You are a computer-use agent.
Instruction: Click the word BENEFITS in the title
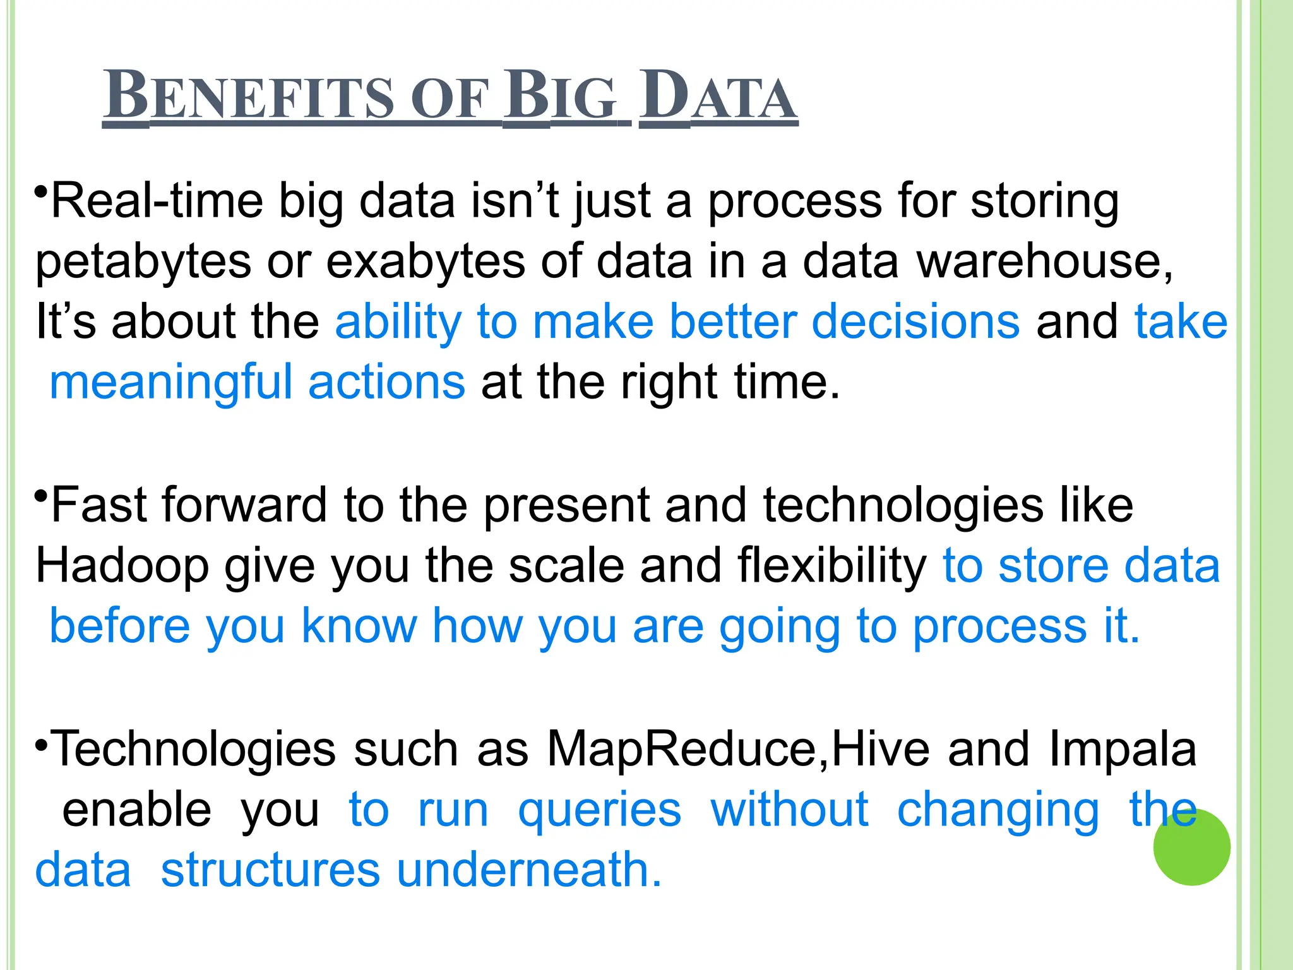[250, 96]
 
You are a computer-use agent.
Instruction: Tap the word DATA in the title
[718, 96]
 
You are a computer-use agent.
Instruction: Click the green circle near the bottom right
[1191, 847]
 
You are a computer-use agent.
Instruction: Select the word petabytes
[143, 261]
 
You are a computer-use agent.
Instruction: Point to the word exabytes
[425, 261]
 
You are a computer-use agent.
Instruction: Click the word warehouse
[1044, 261]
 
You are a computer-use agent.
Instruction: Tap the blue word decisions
[915, 321]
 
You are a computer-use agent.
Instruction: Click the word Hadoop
[122, 565]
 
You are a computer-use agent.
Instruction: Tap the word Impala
[1123, 749]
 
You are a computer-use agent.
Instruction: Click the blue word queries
[600, 810]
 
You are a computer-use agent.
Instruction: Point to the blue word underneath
[529, 870]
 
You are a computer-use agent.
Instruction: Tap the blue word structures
[270, 870]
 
